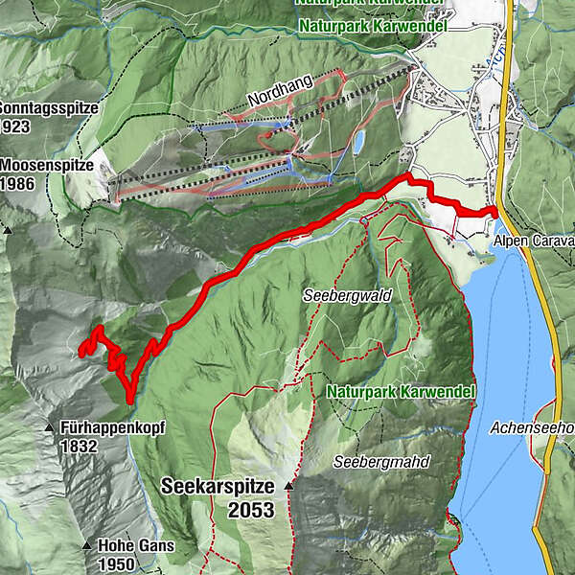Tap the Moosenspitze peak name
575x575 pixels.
tap(47, 166)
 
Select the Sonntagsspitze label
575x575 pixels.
tap(49, 108)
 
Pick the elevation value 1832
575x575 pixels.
tap(79, 446)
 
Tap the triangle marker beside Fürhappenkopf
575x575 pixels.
tap(49, 426)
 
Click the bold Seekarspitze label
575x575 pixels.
tap(218, 486)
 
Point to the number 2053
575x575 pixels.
tap(250, 511)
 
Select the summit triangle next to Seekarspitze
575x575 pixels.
tap(287, 486)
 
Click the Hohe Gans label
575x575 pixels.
tap(136, 545)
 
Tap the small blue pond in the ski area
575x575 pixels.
tap(358, 143)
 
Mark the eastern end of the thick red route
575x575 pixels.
tap(496, 211)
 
